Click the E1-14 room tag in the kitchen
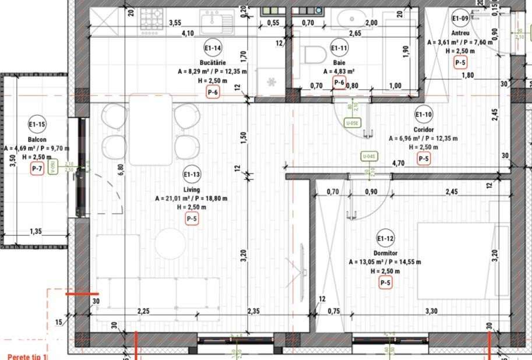tap(212, 48)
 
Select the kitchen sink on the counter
tap(217, 23)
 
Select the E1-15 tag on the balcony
tap(37, 124)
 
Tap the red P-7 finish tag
tap(37, 169)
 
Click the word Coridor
tap(424, 129)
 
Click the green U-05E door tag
tap(352, 123)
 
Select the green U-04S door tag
tap(368, 156)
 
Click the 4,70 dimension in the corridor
tap(399, 164)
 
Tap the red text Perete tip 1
tap(26, 357)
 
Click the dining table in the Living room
tap(151, 129)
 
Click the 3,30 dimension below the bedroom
tap(432, 311)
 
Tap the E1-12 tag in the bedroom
tap(385, 239)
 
